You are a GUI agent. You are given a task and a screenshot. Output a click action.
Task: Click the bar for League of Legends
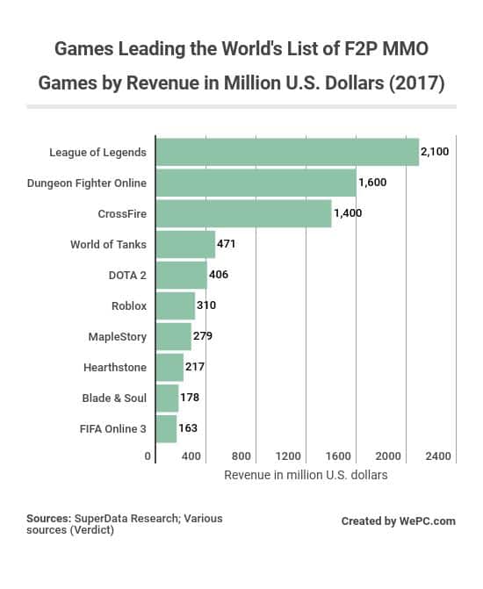(287, 152)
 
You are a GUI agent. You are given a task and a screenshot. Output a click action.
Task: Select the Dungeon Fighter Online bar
(256, 183)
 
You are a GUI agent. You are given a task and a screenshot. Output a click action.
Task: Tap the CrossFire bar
(243, 213)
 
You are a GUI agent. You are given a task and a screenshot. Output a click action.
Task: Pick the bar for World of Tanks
(185, 244)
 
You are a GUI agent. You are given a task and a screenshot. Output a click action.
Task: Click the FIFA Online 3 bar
(166, 428)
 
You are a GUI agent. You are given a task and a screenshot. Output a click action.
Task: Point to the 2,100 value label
(435, 152)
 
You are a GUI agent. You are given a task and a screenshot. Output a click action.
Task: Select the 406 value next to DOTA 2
(220, 275)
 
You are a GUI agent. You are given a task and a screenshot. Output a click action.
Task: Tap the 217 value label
(196, 367)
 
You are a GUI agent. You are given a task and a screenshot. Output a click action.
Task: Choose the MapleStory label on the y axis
(118, 336)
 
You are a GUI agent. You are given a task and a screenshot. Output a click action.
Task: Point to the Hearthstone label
(115, 367)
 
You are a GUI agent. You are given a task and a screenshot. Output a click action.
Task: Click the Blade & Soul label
(114, 398)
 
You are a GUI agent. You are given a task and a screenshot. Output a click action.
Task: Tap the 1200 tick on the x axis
(289, 456)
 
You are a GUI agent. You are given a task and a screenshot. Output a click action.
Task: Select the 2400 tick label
(437, 456)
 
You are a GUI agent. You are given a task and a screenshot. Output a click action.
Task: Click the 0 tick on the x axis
(148, 456)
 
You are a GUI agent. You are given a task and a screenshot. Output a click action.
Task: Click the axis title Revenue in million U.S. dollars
(306, 475)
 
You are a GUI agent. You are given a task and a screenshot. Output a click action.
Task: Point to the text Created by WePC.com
(399, 521)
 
